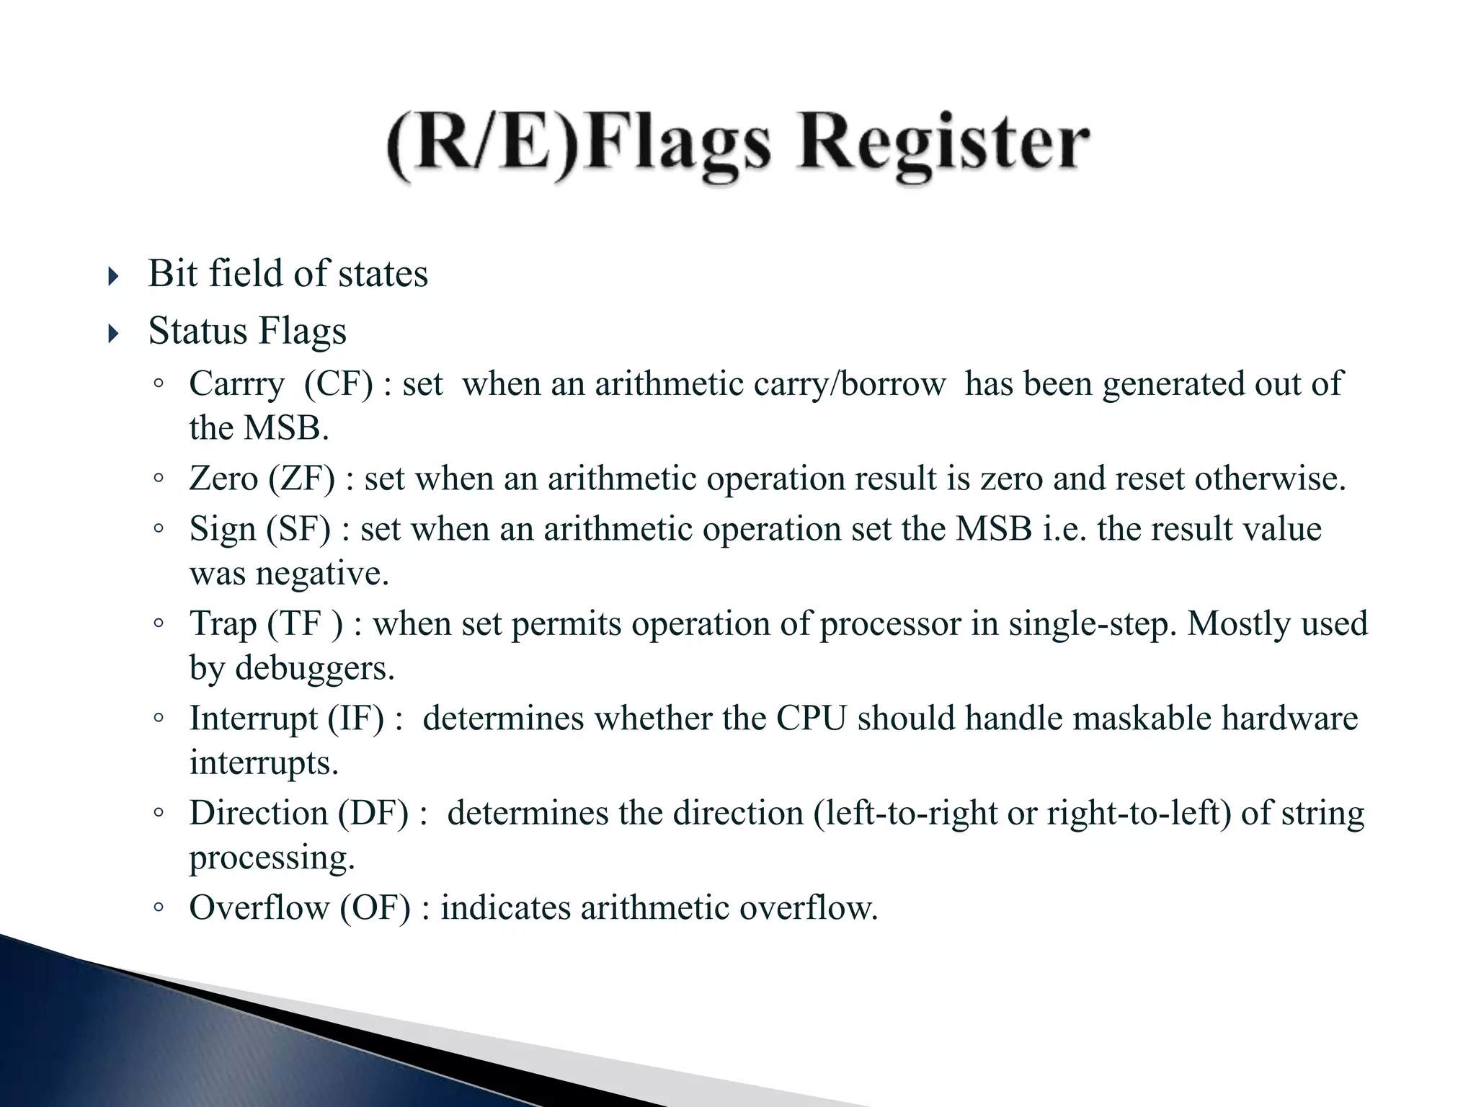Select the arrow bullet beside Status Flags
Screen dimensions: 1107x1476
pos(112,334)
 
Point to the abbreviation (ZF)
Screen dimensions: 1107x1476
pos(302,479)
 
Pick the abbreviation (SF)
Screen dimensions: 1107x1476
pos(298,529)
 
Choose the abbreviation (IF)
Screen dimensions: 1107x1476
pos(356,719)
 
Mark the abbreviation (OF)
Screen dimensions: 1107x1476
pos(375,907)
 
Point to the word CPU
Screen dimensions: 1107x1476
pos(811,719)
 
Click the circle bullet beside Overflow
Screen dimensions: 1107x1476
pos(159,907)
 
